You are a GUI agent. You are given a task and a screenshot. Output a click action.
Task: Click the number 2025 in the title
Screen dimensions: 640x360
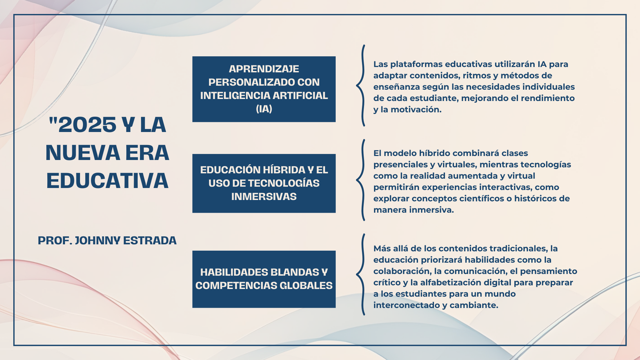[x=87, y=125]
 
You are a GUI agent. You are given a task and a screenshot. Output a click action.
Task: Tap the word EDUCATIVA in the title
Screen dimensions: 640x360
[x=107, y=181]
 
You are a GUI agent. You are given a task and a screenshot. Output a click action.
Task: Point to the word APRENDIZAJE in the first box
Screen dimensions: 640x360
[x=264, y=69]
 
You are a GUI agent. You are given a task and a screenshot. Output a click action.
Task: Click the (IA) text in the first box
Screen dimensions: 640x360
[x=264, y=109]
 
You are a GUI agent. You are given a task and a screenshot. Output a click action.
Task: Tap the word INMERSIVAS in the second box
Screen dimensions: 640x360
[x=264, y=196]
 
